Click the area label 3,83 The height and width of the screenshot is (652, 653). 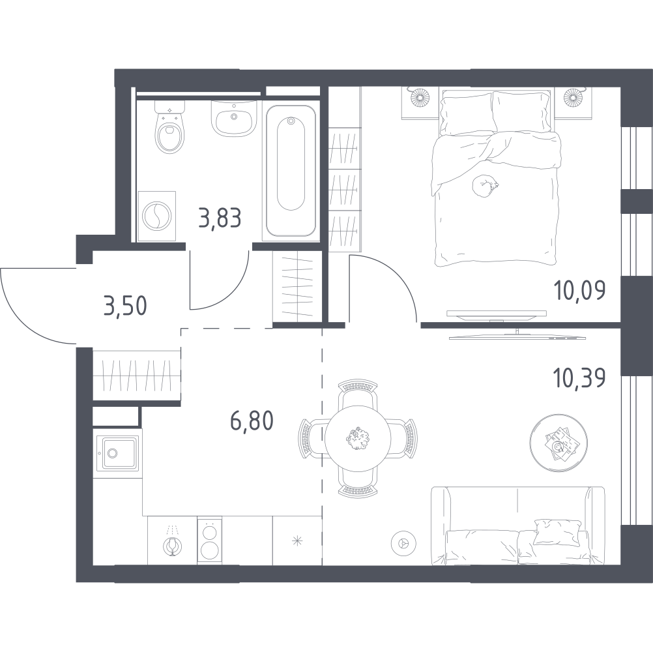point(220,218)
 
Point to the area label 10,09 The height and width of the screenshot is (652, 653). point(580,290)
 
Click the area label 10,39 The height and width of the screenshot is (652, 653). point(580,379)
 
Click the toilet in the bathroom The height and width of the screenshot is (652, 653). point(169,126)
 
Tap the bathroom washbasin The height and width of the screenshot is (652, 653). point(233,117)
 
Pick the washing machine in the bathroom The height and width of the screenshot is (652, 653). point(156,216)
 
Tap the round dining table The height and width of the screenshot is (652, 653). point(358,437)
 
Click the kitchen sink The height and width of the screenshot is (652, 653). point(117,453)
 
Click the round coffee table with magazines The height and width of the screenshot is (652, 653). point(559,443)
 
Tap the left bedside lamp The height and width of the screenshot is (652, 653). point(420,97)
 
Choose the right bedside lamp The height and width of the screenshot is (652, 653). point(573,97)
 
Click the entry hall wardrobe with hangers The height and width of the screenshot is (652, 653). point(137,376)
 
